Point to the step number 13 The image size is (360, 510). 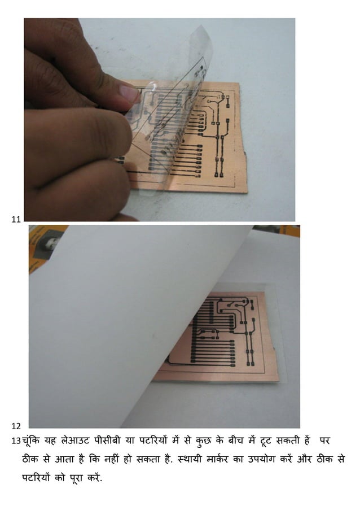pyautogui.click(x=16, y=440)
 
